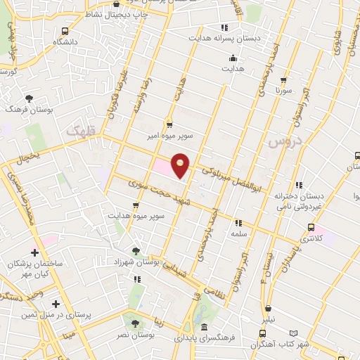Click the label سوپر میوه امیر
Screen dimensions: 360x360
(x=170, y=133)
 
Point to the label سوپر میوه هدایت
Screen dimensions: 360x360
(x=136, y=215)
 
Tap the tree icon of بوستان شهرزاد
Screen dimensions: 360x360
(x=136, y=250)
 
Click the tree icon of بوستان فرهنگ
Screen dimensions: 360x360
(x=29, y=99)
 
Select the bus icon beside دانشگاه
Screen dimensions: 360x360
(x=65, y=31)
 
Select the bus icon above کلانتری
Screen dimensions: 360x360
(x=311, y=227)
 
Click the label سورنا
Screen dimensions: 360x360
(x=283, y=91)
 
